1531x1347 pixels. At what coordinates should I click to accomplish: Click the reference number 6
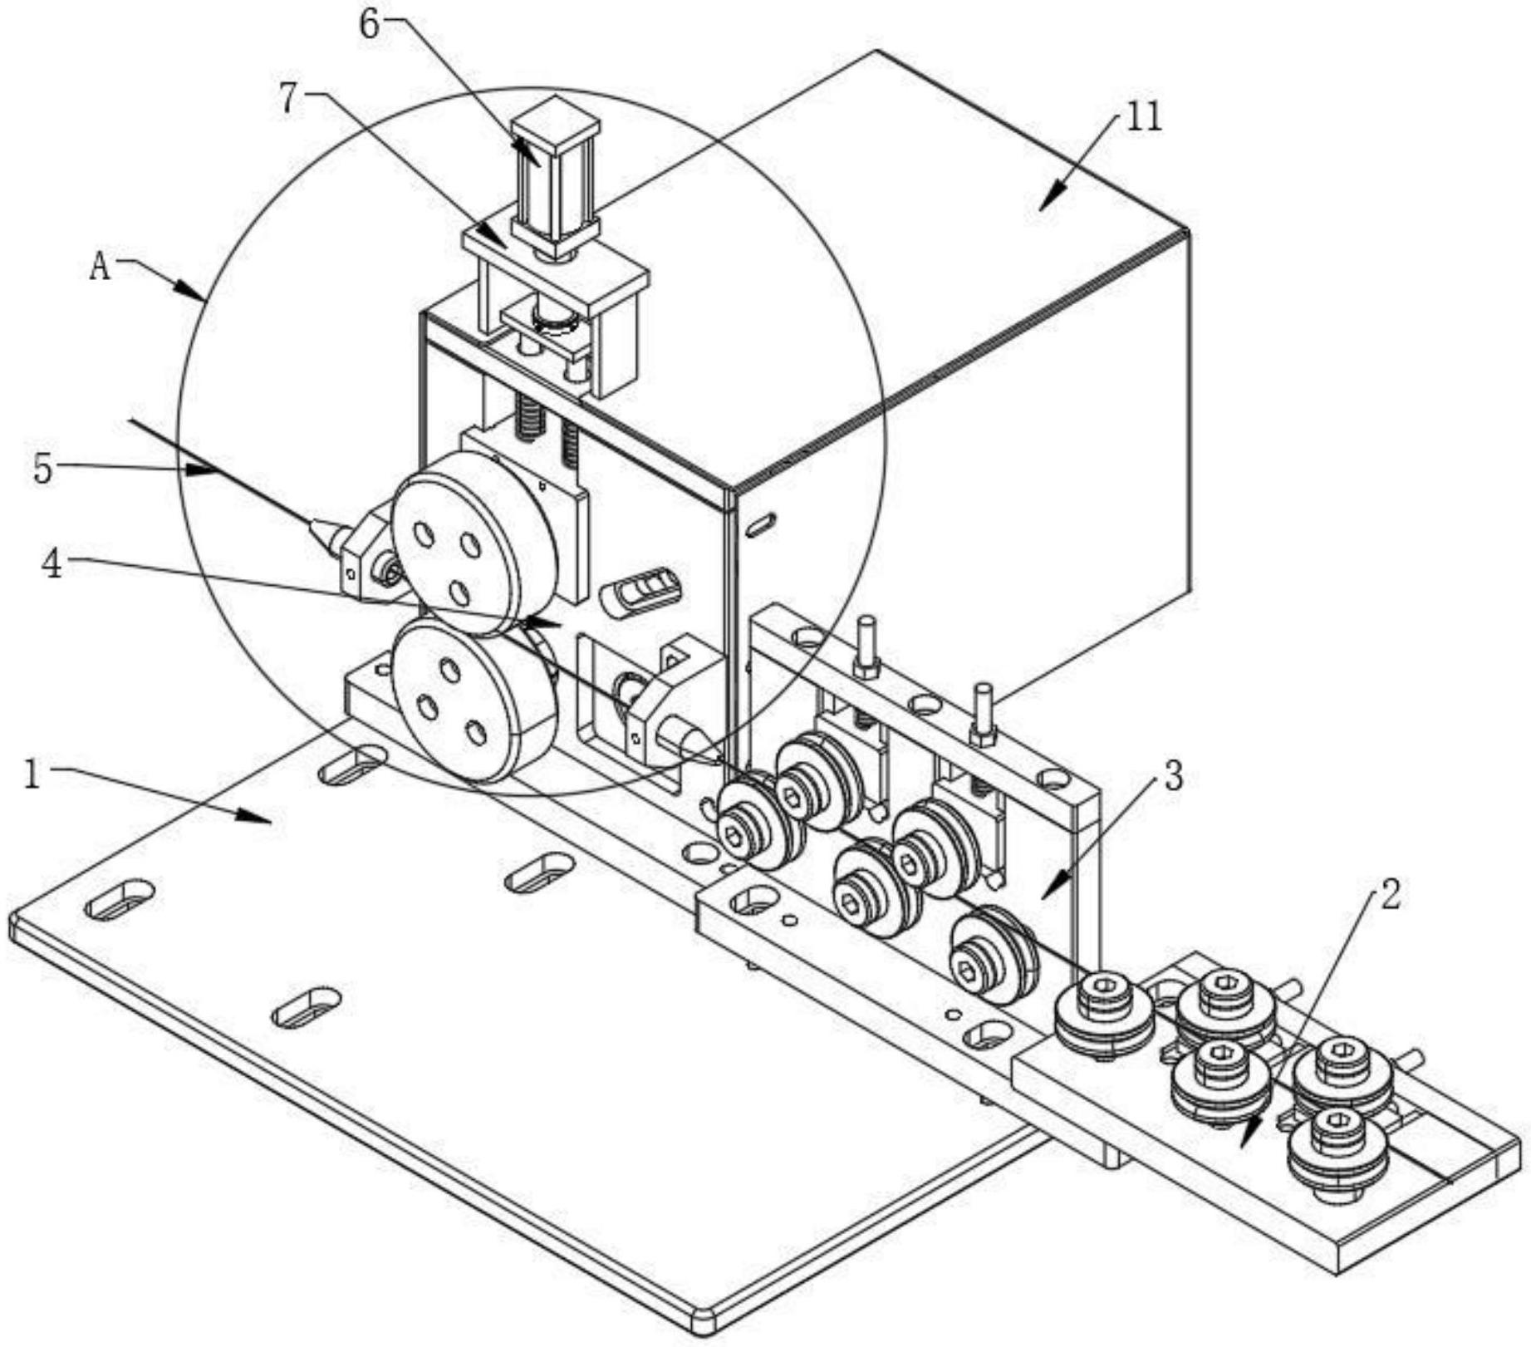click(370, 24)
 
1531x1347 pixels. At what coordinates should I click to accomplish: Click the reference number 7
click(288, 100)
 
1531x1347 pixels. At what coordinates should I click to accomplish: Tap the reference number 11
click(1143, 118)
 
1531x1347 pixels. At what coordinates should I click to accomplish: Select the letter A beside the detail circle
click(101, 267)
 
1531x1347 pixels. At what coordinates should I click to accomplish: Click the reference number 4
click(52, 565)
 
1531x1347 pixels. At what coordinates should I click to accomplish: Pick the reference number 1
click(32, 776)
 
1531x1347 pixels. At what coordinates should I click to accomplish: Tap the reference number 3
click(1173, 776)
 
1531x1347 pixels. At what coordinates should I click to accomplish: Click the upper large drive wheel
click(474, 544)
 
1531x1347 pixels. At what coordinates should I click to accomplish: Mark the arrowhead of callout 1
click(258, 817)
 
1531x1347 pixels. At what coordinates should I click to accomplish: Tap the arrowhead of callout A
click(194, 290)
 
